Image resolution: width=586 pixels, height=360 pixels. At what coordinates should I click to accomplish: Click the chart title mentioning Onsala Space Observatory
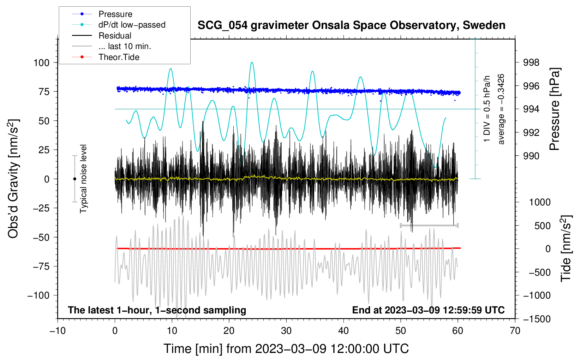coord(351,25)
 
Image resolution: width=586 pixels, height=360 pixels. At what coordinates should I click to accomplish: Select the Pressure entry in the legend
coord(102,14)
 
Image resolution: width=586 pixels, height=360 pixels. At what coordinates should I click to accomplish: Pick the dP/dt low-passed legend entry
coord(119,25)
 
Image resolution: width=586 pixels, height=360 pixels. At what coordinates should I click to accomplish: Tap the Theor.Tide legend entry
coord(106,57)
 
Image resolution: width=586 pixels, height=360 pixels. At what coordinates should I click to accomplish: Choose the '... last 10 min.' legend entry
coord(112,46)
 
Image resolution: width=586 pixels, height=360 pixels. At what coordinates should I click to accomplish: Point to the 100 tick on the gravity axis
coord(42,63)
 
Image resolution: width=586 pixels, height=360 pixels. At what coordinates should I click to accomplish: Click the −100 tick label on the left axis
coord(38,295)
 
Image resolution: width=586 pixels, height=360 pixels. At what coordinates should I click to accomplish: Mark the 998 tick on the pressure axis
coord(531,62)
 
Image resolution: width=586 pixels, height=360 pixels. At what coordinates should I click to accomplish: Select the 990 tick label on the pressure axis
coord(531,156)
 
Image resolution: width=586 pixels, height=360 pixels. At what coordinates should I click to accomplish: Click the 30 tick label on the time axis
coord(286,331)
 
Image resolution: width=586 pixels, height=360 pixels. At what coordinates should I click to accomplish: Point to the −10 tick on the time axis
coord(58,331)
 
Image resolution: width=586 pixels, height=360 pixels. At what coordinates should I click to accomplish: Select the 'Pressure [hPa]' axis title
coord(554,109)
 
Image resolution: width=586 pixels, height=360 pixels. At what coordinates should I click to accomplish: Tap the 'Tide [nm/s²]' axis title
coord(566,248)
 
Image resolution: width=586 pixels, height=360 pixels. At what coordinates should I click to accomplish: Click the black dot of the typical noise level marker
coord(74,179)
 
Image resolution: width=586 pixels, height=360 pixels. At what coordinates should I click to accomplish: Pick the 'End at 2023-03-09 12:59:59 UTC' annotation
coord(428,310)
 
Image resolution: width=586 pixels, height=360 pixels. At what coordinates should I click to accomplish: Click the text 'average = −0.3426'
coord(501,109)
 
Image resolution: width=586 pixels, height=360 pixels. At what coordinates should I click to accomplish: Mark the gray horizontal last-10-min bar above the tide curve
coord(429,225)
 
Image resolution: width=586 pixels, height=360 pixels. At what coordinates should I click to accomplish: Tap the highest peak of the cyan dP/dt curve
coord(252,62)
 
